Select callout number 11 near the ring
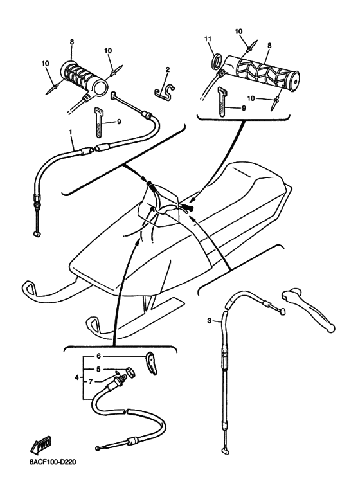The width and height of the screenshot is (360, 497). point(208,39)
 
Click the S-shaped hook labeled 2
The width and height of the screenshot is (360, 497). point(165,91)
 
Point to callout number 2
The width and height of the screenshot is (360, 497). point(168,69)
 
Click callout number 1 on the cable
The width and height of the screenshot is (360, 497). point(71,131)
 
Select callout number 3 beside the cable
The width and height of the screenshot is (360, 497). point(209,321)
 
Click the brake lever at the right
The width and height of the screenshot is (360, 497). point(307,309)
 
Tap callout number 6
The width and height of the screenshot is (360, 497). point(98,356)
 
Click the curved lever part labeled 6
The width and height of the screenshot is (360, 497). point(152,363)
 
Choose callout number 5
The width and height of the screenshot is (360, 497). point(98,369)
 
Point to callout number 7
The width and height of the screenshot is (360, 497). point(91,382)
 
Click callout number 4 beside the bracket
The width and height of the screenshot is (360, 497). point(76,377)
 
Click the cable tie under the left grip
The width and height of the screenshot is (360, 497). point(100,122)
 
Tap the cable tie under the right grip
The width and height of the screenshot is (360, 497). point(222,103)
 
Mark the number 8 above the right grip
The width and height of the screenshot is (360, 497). point(269,46)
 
